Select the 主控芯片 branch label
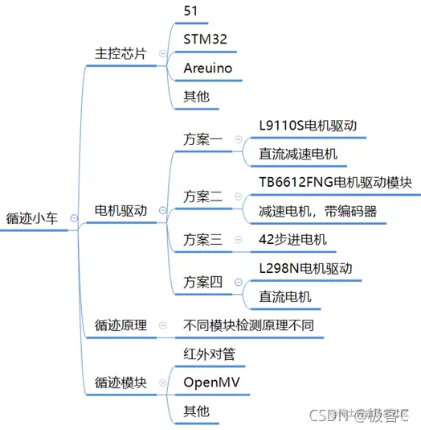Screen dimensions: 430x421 [121, 53]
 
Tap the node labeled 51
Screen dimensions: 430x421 [191, 10]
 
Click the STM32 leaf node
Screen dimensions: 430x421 [205, 39]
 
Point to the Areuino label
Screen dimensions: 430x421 [207, 68]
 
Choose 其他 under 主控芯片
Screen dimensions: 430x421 [197, 97]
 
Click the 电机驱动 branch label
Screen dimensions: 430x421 [121, 211]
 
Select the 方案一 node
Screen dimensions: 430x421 [202, 139]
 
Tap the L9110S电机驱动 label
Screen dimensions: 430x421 [308, 126]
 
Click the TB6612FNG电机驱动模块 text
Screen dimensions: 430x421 [335, 182]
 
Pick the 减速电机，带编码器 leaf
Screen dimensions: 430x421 [317, 211]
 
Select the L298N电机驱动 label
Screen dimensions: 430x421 [306, 267]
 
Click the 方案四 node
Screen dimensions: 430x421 [202, 282]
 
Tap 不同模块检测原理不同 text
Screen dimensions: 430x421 [248, 325]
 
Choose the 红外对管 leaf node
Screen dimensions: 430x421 [209, 354]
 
